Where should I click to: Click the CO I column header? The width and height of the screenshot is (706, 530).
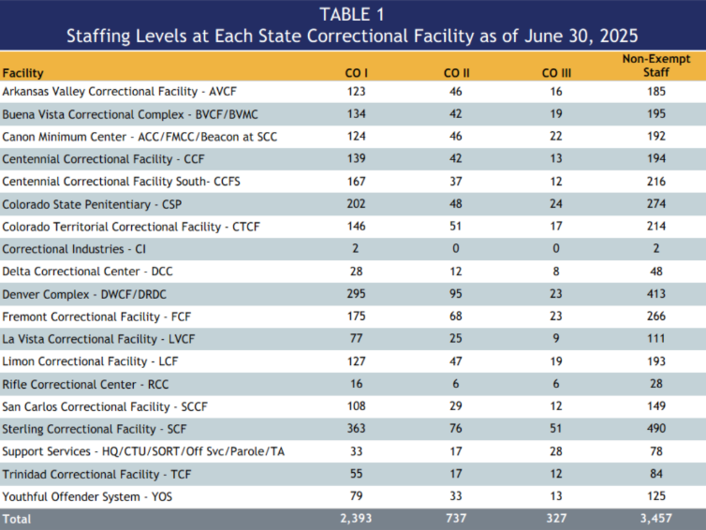[355, 72]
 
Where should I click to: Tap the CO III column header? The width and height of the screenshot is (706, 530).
[557, 72]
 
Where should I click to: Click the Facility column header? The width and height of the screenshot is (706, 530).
[22, 72]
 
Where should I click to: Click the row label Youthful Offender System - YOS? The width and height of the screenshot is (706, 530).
[86, 495]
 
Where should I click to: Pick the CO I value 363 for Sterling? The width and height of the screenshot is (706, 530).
[355, 429]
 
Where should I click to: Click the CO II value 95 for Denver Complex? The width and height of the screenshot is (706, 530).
[456, 294]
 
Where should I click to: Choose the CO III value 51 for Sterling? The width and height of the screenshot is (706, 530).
[557, 429]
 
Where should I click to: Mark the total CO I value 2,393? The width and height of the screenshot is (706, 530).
[355, 518]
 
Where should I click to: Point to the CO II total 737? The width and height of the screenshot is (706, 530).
[456, 518]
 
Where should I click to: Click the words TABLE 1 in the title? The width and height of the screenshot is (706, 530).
[352, 14]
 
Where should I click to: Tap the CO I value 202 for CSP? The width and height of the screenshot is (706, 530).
[355, 204]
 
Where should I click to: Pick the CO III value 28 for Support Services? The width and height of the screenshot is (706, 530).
[557, 451]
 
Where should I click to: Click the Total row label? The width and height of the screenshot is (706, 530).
[16, 518]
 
